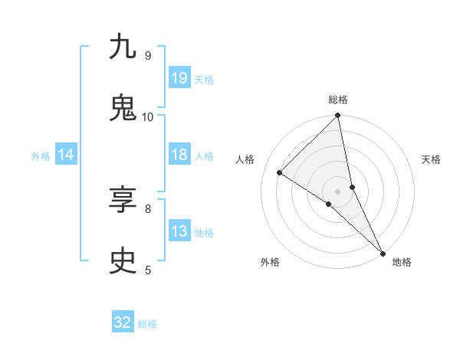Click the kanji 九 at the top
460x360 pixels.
[x=123, y=47]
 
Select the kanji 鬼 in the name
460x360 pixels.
[x=123, y=108]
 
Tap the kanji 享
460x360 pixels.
[x=123, y=201]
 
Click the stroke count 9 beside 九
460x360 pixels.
[x=147, y=55]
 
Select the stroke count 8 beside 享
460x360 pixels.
[x=147, y=208]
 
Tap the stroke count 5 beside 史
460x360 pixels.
[x=147, y=270]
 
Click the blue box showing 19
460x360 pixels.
[x=179, y=78]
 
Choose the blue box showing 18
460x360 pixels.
[x=179, y=155]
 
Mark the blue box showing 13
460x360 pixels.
[x=179, y=231]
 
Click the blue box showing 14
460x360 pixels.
[x=66, y=155]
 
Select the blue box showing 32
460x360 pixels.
[x=123, y=322]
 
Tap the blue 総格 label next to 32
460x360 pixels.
[x=148, y=324]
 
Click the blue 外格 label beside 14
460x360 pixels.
[x=41, y=156]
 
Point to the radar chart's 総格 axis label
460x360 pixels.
[x=338, y=100]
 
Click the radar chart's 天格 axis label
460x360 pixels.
[x=432, y=159]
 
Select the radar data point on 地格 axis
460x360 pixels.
[x=383, y=253]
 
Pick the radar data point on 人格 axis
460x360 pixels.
[x=280, y=173]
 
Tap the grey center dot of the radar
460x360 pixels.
[x=338, y=191]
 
